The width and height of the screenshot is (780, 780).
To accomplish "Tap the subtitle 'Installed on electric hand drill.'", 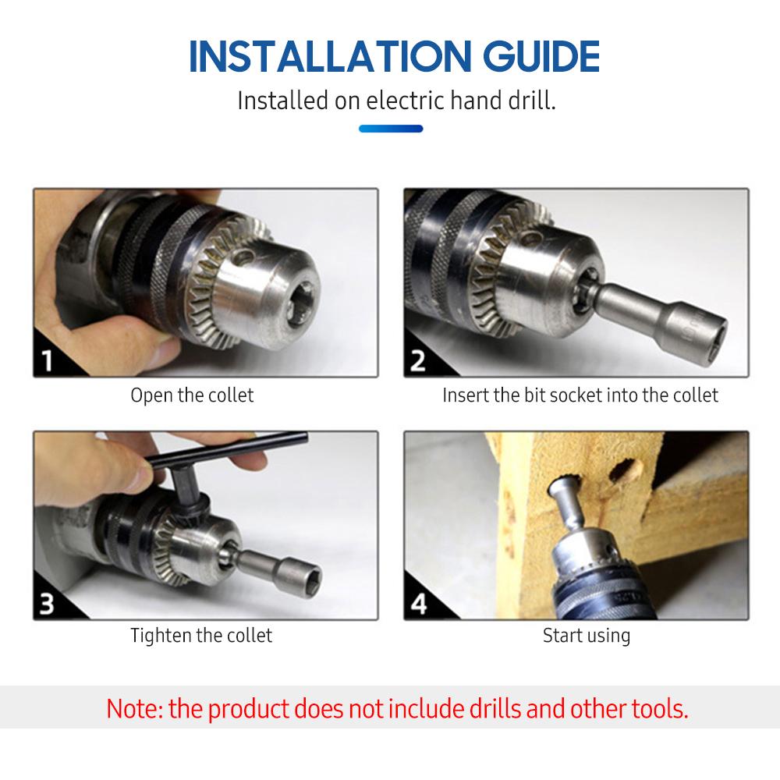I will [x=396, y=101].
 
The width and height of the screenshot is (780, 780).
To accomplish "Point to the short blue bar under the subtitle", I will [x=391, y=129].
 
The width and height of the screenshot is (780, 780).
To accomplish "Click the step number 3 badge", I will [x=49, y=604].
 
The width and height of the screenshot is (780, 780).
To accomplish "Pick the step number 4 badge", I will [x=419, y=604].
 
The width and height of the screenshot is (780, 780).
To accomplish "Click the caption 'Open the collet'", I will [x=192, y=395].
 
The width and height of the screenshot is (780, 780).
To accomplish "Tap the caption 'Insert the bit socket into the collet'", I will [x=580, y=395].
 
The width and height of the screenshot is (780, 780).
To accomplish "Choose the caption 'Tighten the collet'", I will [x=201, y=636].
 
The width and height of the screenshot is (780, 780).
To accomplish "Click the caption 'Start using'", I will [x=587, y=636].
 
